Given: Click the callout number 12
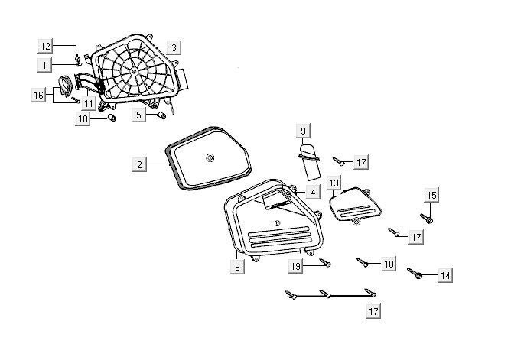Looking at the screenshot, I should (46, 47).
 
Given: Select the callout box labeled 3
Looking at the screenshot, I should (174, 47).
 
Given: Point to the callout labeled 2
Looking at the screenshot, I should (139, 164).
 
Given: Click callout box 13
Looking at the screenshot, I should (334, 183).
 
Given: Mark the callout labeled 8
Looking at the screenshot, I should (237, 268).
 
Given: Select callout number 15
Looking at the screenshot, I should (431, 196).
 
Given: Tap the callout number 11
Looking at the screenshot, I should (90, 103).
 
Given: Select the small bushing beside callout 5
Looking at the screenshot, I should (161, 115).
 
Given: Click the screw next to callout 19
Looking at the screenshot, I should (325, 264).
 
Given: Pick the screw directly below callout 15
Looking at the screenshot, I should (429, 220).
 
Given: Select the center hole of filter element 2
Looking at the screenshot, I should (209, 158).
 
